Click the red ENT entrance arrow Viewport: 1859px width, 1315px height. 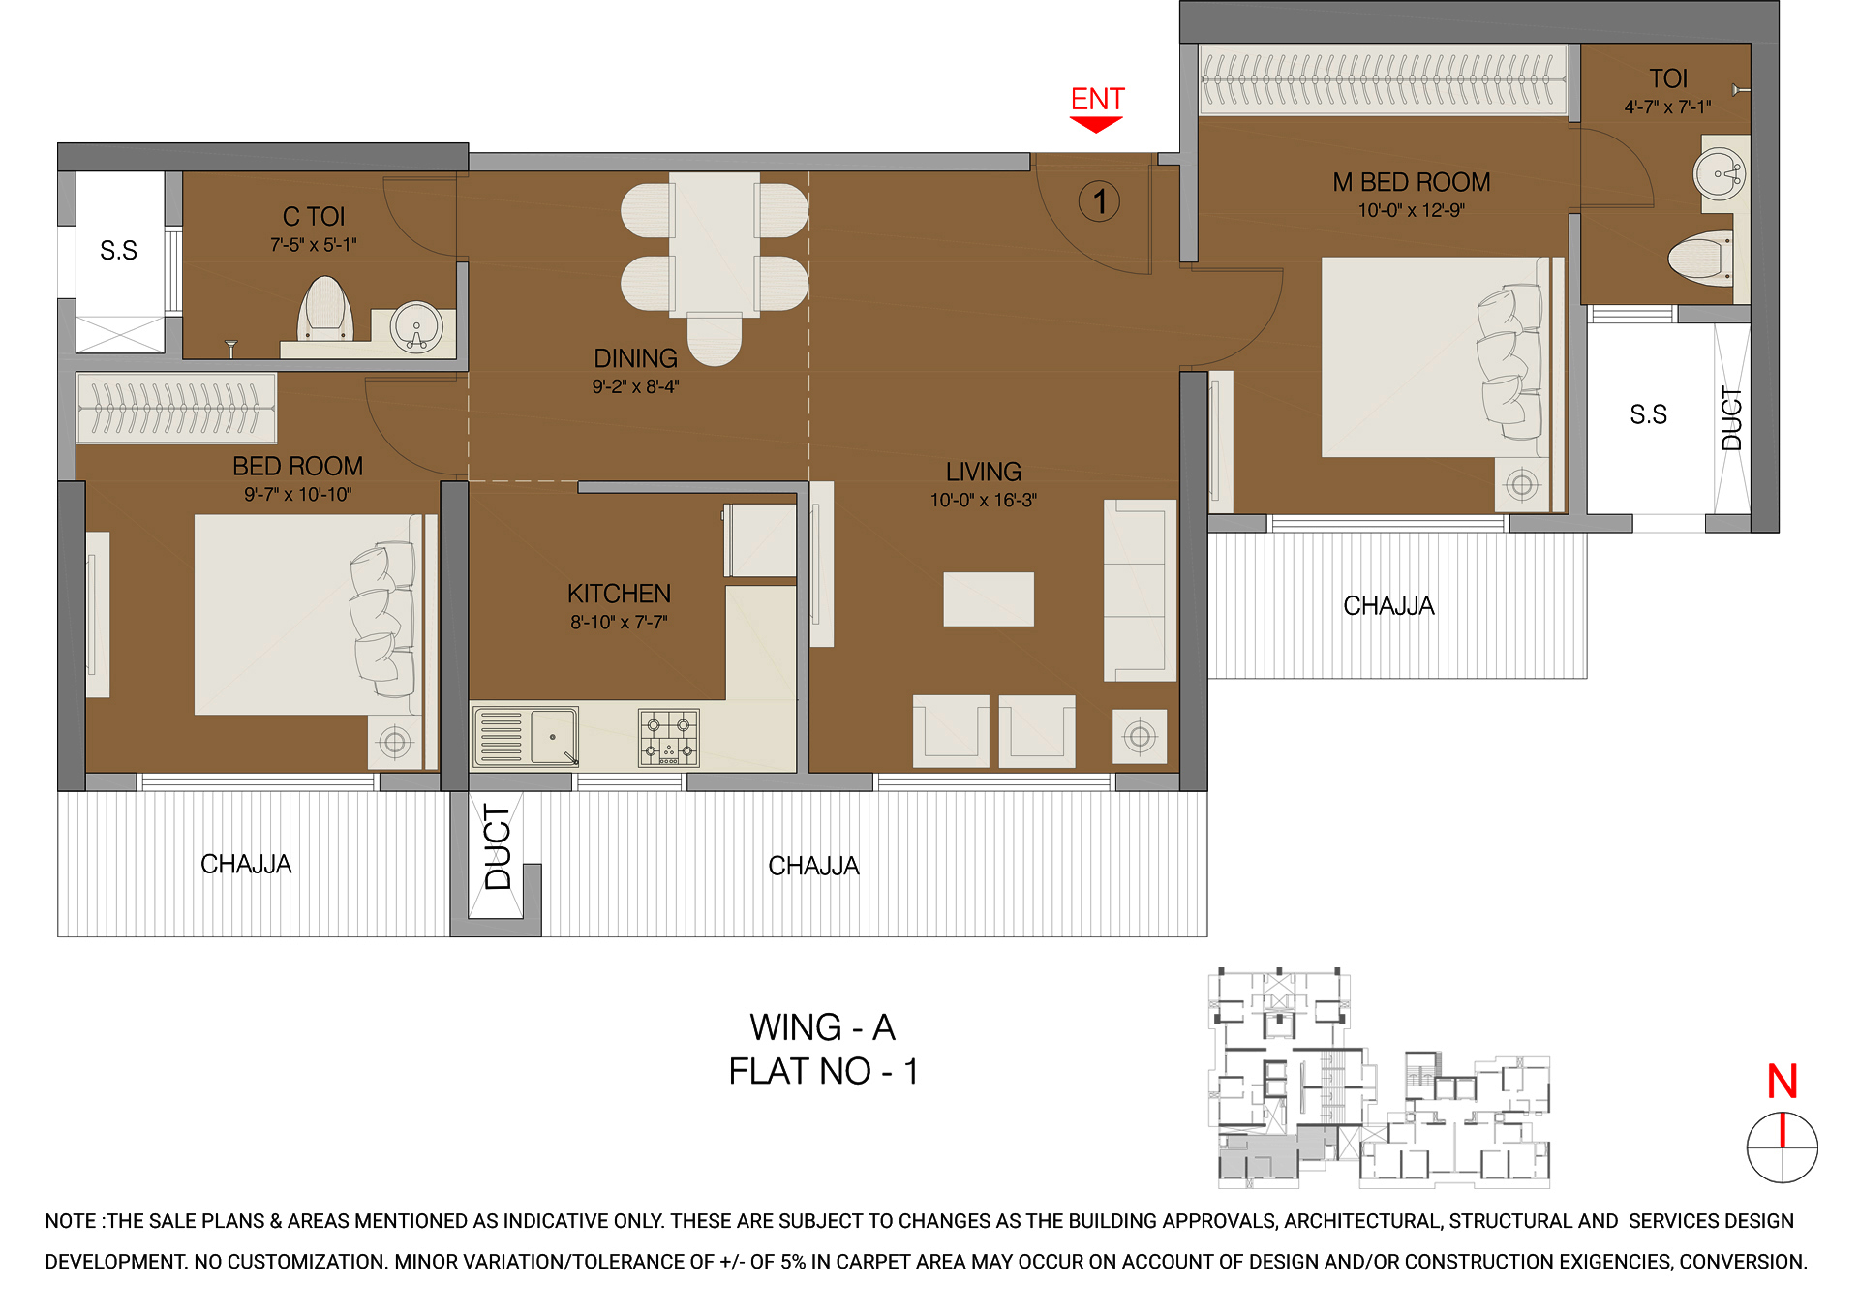point(1096,124)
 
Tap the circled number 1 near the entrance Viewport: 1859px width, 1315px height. point(1099,201)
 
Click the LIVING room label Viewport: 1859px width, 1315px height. point(984,472)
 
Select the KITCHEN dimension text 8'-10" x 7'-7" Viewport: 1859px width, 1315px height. point(619,622)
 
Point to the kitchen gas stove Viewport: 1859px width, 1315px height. point(668,738)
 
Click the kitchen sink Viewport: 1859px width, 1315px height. point(553,736)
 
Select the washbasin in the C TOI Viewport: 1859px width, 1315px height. point(416,326)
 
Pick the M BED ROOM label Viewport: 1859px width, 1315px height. point(1411,182)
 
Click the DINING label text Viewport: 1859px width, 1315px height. point(635,358)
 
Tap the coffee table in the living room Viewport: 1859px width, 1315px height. point(989,599)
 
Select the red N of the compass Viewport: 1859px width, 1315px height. point(1783,1082)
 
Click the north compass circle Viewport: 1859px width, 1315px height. point(1782,1147)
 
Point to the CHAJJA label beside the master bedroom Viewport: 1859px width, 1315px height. point(1388,606)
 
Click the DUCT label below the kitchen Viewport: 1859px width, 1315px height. point(498,847)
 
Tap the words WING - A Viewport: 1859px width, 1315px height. point(822,1027)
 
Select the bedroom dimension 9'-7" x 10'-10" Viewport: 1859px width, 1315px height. point(297,495)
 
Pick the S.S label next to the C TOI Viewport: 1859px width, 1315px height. point(119,251)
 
